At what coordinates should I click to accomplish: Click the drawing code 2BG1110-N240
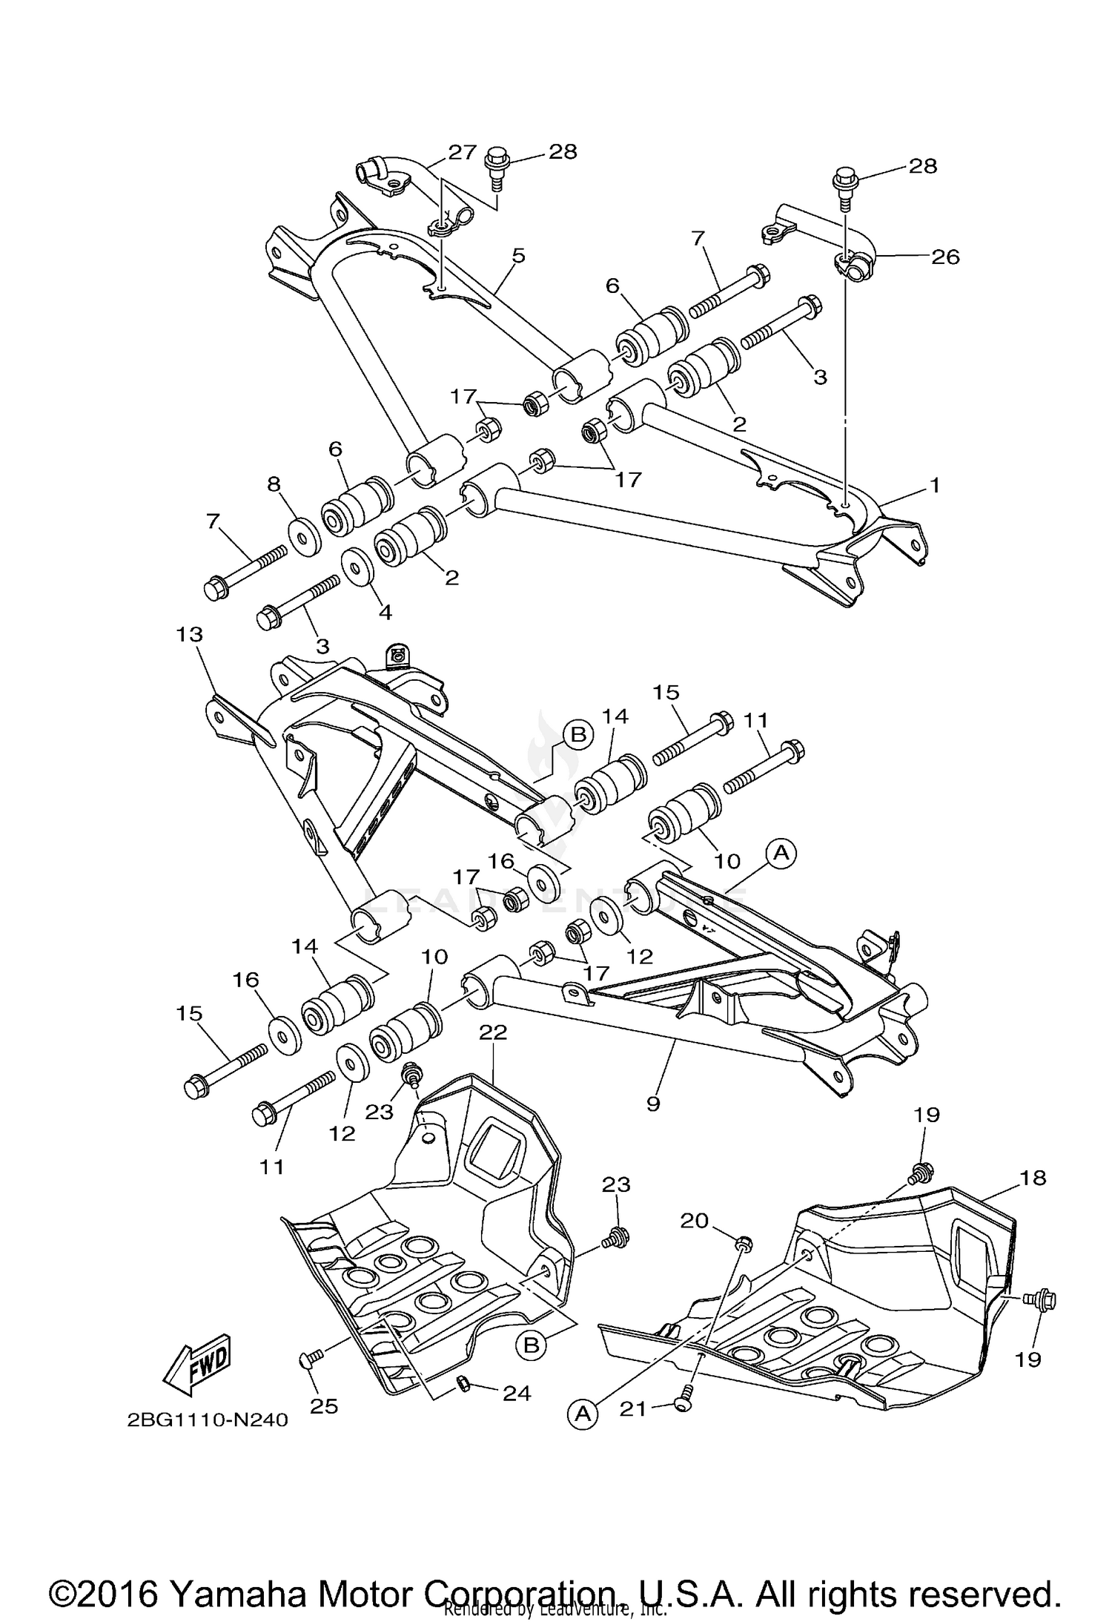[x=207, y=1420]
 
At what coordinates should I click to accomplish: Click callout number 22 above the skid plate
[x=493, y=1032]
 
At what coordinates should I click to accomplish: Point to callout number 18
[x=1033, y=1178]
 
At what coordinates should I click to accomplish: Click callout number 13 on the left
[x=190, y=634]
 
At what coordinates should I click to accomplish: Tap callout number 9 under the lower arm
[x=652, y=1103]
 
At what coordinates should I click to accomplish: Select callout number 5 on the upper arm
[x=518, y=256]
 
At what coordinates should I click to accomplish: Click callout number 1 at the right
[x=936, y=485]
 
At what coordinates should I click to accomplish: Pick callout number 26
[x=944, y=257]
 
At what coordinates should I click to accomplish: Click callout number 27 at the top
[x=462, y=151]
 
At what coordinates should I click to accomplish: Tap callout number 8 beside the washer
[x=274, y=484]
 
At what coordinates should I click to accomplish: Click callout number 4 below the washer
[x=385, y=612]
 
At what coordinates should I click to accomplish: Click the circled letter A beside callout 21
[x=583, y=1414]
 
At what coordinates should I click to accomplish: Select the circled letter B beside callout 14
[x=580, y=734]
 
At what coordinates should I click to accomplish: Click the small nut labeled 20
[x=745, y=1242]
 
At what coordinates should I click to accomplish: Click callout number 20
[x=695, y=1220]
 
